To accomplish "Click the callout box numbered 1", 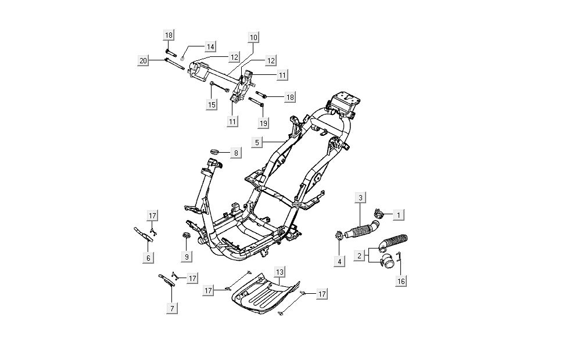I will pyautogui.click(x=399, y=215).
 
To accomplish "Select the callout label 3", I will pyautogui.click(x=360, y=197).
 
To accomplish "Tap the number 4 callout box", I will pyautogui.click(x=339, y=261).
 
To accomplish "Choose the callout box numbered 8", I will pyautogui.click(x=236, y=153).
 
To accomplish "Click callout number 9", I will pyautogui.click(x=187, y=256).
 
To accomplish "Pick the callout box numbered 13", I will pyautogui.click(x=280, y=272).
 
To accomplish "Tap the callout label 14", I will pyautogui.click(x=210, y=46).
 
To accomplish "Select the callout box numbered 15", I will pyautogui.click(x=212, y=105).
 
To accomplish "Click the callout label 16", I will pyautogui.click(x=401, y=282).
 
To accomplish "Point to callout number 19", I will pyautogui.click(x=264, y=123).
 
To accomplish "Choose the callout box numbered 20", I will pyautogui.click(x=143, y=61).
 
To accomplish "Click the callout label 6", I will pyautogui.click(x=148, y=258).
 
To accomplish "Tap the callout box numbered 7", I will pyautogui.click(x=172, y=309).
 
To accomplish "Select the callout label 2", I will pyautogui.click(x=360, y=255).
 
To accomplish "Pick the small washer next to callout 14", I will pyautogui.click(x=182, y=58).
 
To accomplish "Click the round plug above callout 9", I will pyautogui.click(x=187, y=236).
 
